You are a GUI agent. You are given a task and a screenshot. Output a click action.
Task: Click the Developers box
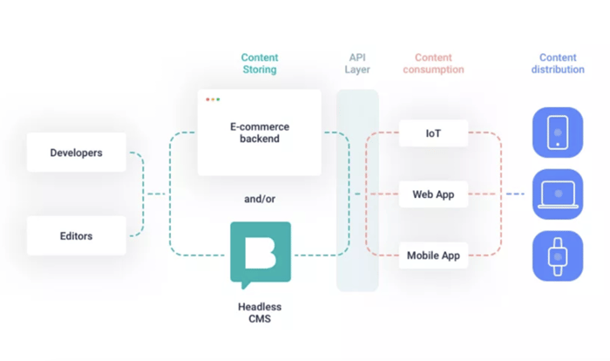click(77, 153)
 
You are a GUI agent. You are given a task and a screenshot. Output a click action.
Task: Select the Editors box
click(77, 235)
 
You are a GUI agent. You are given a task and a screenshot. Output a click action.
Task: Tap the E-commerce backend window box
click(259, 132)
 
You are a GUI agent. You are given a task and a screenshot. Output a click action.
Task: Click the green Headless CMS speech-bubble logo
click(260, 253)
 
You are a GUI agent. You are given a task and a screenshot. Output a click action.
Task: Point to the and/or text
click(260, 199)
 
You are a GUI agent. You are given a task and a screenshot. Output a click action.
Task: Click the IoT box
click(433, 133)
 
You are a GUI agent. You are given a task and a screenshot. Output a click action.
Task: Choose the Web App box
click(433, 194)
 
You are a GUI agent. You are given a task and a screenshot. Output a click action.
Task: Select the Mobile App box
click(433, 255)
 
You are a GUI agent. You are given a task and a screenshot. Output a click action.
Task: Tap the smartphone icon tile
click(558, 133)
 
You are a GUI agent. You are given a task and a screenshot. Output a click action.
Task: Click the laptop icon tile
click(558, 194)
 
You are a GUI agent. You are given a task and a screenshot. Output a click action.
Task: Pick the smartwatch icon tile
click(558, 255)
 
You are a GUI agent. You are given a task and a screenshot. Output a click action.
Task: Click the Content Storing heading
click(260, 64)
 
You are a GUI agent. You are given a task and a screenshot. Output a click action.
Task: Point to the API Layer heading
click(358, 64)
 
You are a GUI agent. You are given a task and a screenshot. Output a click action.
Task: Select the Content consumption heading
click(433, 64)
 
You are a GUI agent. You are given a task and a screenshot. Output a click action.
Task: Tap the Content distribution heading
click(558, 64)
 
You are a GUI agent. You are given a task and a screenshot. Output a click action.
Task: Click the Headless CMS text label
click(260, 312)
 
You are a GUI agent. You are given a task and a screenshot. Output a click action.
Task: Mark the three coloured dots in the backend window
click(213, 99)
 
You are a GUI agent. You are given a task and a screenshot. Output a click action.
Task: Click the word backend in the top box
click(260, 140)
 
